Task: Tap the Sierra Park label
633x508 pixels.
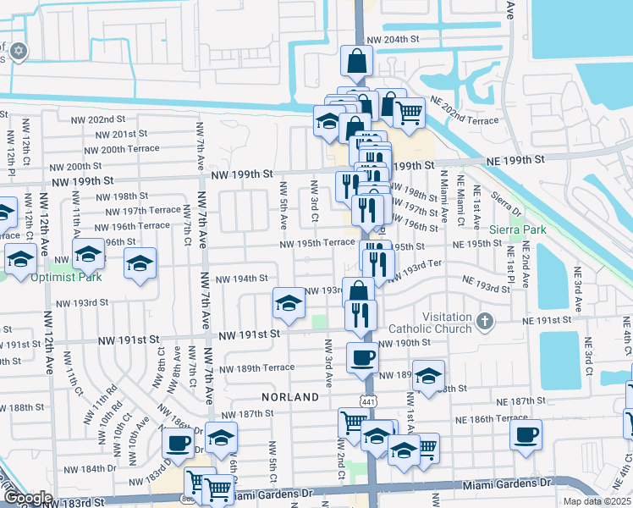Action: pyautogui.click(x=518, y=229)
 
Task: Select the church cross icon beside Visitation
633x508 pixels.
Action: pyautogui.click(x=484, y=321)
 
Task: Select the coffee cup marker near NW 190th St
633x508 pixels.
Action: pyautogui.click(x=362, y=356)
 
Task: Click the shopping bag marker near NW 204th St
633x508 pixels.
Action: pyautogui.click(x=356, y=60)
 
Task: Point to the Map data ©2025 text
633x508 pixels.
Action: pyautogui.click(x=597, y=501)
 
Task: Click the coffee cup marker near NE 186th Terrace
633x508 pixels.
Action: pyautogui.click(x=526, y=434)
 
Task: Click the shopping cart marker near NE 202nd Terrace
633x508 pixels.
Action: pyautogui.click(x=410, y=111)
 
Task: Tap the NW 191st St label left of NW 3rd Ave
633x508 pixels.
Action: pyautogui.click(x=251, y=335)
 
